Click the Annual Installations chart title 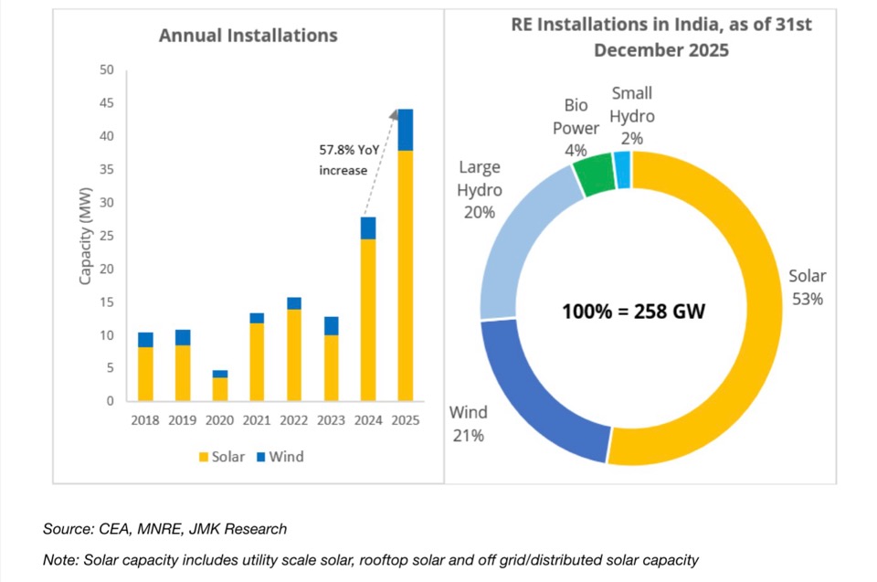click(248, 36)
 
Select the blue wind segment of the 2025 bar click(405, 130)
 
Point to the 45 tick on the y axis click(106, 103)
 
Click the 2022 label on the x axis click(293, 421)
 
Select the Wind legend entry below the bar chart click(280, 456)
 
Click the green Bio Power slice click(597, 174)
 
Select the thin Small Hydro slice click(623, 169)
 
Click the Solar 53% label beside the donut click(808, 287)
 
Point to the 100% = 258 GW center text click(632, 311)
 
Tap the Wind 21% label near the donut click(468, 424)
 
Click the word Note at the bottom click(60, 559)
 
